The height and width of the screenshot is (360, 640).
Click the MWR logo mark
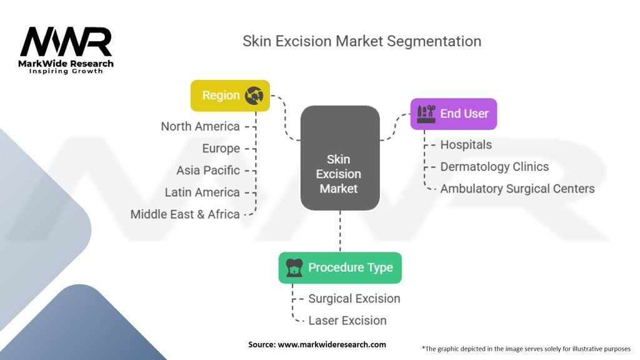66,42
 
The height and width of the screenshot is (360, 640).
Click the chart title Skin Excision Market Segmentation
362,42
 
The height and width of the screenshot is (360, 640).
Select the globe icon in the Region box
254,96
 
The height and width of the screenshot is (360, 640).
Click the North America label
200,126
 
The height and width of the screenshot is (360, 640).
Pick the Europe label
221,148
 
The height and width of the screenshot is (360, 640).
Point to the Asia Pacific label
207,170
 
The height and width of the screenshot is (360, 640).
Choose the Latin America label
202,192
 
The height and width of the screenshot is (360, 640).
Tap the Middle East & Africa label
185,214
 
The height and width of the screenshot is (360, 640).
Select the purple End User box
453,114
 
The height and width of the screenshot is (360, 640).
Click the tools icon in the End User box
426,114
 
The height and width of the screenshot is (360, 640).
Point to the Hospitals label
466,144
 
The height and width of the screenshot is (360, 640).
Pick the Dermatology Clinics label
494,166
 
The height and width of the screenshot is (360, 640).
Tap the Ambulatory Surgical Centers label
517,188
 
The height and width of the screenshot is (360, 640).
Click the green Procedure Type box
340,267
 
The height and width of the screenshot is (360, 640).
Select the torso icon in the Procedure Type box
294,267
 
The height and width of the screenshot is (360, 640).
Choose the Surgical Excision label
354,298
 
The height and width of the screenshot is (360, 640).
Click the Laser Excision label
347,320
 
